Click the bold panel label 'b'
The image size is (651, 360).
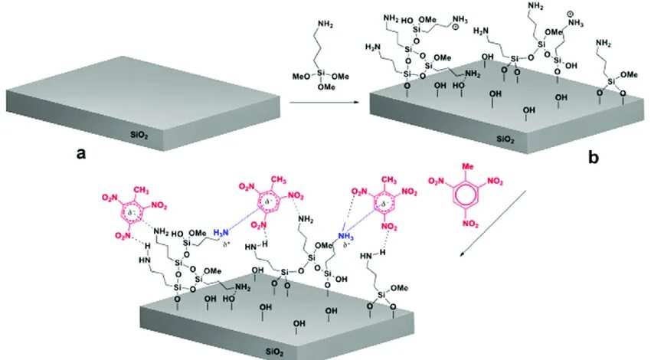click(592, 159)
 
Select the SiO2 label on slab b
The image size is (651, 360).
click(505, 139)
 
